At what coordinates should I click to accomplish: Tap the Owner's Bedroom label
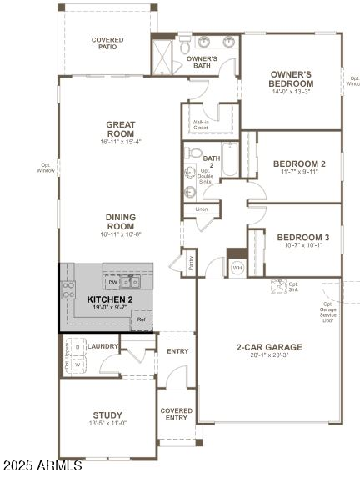coord(291,79)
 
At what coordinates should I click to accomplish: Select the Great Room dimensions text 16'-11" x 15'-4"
coord(120,142)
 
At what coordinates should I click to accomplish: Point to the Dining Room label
coord(120,221)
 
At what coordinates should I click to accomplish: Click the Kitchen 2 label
coord(110,299)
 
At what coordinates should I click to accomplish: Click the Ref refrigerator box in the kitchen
coord(141,319)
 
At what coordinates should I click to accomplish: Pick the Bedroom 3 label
coord(302,237)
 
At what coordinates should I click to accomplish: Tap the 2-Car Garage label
coord(269,347)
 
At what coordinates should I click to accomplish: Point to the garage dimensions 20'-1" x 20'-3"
coord(269,356)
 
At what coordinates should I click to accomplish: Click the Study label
coord(107,415)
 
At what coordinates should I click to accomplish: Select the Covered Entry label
coord(176,415)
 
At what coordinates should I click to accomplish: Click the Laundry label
coord(102,345)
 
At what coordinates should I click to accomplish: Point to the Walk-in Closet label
coord(200,124)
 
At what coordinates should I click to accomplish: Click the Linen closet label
coord(202,209)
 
